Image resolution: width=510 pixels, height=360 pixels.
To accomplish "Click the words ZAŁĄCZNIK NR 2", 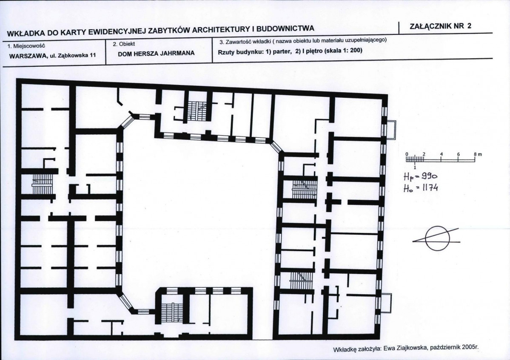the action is [440, 26].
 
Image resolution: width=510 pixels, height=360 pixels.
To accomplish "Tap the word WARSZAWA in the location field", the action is [28, 56].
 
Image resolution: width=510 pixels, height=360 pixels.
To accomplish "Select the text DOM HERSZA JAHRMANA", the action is [156, 54].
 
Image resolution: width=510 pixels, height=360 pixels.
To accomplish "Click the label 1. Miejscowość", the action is [26, 46].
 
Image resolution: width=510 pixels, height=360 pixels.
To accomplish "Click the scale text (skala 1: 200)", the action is [343, 50].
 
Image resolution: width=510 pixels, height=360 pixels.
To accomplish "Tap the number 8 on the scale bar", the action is [475, 154].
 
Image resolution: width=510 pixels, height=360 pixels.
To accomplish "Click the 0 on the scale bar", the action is [407, 154].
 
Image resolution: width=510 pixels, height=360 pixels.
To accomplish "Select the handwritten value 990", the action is [429, 176].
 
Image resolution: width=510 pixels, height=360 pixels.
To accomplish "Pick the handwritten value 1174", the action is [430, 188].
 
